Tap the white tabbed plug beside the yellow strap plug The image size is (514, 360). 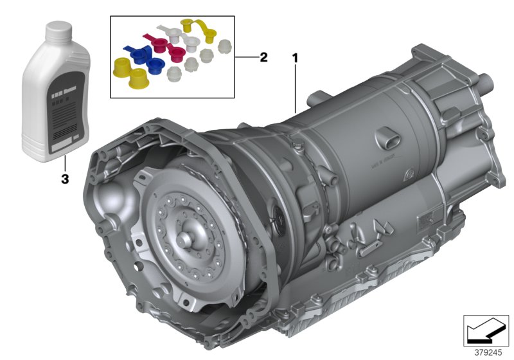point(172,31)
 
